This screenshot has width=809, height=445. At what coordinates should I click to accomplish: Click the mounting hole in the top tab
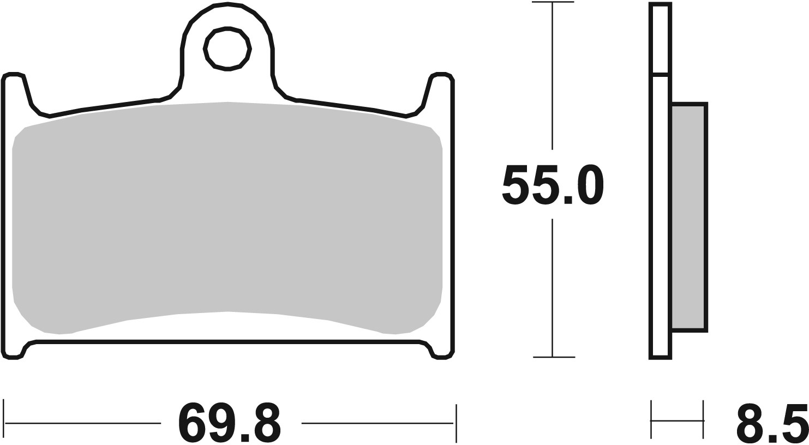click(x=227, y=49)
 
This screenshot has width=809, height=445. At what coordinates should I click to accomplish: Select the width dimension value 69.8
click(x=230, y=423)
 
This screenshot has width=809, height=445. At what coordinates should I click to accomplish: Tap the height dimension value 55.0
click(x=552, y=185)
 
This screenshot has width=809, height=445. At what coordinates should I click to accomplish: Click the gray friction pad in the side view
click(x=689, y=217)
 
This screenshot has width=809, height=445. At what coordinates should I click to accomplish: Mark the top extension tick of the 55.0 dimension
click(x=553, y=3)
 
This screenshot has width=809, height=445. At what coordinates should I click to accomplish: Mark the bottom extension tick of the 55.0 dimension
click(x=553, y=357)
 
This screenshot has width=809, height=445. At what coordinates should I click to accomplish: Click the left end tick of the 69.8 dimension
click(x=4, y=422)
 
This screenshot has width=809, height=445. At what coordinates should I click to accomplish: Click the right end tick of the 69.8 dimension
click(x=456, y=423)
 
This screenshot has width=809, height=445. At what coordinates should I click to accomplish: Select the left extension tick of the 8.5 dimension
click(x=651, y=420)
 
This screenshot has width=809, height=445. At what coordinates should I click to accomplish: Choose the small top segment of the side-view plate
click(x=660, y=38)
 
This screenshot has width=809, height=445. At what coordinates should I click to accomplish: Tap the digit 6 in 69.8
click(x=191, y=423)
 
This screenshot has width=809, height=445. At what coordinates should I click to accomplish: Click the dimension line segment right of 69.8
click(x=376, y=423)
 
